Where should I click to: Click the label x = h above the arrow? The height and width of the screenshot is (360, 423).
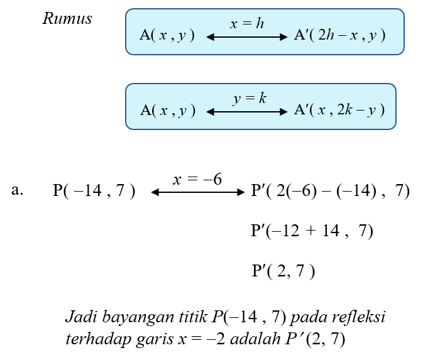247,24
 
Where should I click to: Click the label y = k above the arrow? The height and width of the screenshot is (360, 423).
250,99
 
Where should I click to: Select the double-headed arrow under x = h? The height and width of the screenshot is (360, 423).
247,37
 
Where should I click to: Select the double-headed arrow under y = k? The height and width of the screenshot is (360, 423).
247,112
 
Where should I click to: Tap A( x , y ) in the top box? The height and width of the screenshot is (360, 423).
167,36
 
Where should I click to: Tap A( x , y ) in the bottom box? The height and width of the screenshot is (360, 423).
167,111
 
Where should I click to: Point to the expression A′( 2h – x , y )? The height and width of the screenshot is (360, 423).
339,36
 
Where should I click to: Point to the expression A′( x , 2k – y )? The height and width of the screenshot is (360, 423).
339,111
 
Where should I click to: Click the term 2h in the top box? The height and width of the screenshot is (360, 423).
326,35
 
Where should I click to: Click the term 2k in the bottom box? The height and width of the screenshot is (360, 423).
344,110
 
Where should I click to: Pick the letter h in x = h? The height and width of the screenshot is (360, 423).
260,23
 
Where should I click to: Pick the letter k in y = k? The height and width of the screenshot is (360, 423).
263,99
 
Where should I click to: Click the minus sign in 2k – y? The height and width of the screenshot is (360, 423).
360,111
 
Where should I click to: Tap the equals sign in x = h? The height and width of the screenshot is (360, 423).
246,24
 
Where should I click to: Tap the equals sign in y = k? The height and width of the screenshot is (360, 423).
249,99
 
